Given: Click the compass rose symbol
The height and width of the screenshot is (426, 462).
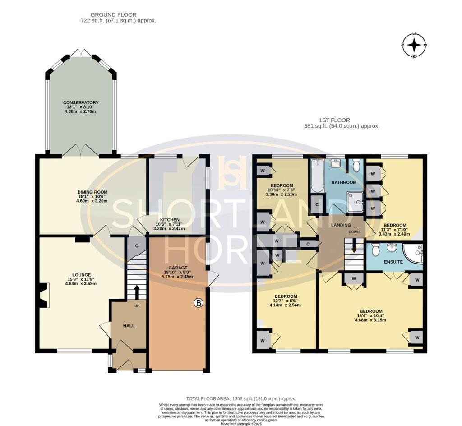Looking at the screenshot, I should click(x=414, y=46).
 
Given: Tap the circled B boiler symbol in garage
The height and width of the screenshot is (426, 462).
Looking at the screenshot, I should click(x=198, y=303).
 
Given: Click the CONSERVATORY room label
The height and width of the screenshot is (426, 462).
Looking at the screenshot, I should click(x=81, y=102).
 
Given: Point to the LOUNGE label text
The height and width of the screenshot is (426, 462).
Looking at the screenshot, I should click(x=81, y=274).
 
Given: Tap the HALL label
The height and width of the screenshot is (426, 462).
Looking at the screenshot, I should click(x=129, y=325).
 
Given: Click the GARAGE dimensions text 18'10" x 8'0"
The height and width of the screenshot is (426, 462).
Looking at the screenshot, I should click(x=178, y=272).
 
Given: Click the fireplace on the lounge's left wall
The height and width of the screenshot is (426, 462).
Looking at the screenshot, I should click(x=43, y=296).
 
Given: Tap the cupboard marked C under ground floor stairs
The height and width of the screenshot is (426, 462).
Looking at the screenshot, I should click(x=136, y=246).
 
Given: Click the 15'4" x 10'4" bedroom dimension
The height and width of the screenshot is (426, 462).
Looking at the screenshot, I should click(x=371, y=315).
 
